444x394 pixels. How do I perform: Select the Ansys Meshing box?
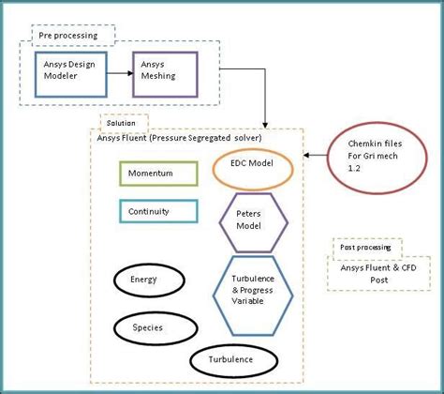point(165,72)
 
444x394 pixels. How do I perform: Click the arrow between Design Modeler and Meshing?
point(116,72)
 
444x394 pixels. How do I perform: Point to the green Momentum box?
point(157,174)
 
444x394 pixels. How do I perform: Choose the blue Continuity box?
point(157,211)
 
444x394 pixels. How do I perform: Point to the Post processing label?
point(367,249)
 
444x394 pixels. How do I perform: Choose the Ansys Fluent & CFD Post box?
point(379,273)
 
